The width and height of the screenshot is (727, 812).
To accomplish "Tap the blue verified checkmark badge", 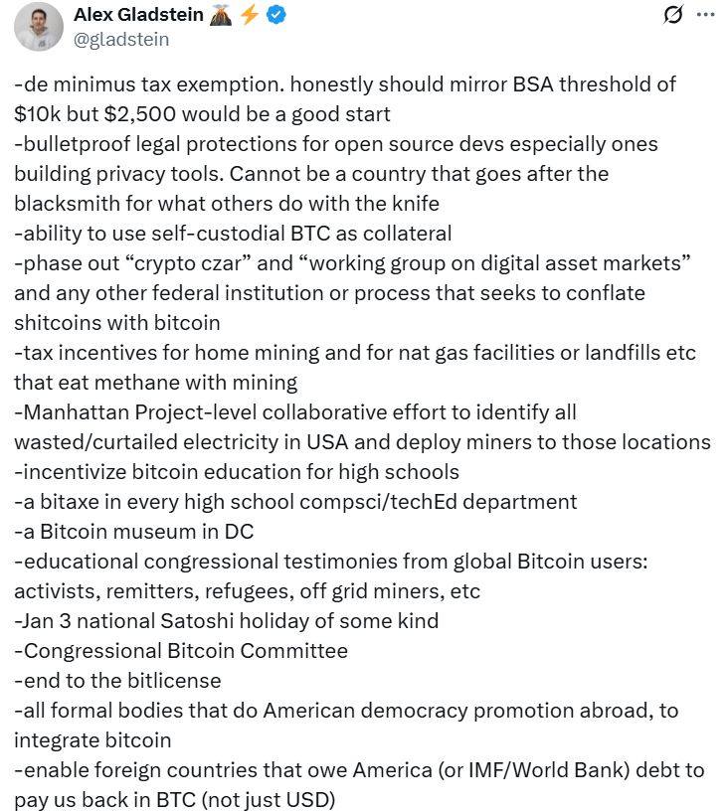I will tap(276, 15).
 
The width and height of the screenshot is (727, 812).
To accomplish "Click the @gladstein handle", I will tap(121, 39).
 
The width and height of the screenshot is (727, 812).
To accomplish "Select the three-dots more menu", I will tap(705, 15).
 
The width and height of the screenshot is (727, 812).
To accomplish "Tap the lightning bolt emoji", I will tap(250, 15).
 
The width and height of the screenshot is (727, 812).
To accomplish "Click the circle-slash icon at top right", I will tap(673, 15).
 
